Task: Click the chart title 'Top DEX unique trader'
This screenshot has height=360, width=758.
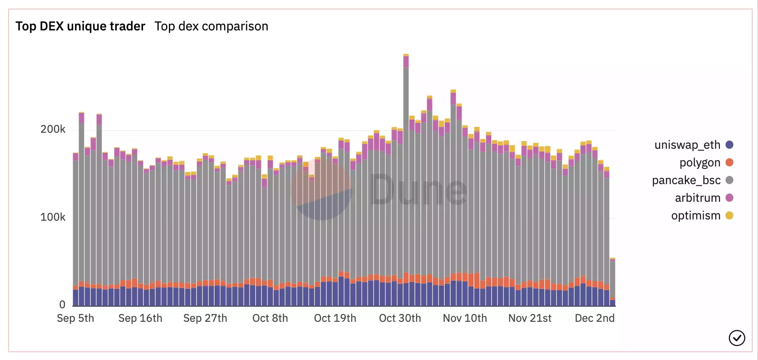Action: [x=80, y=26]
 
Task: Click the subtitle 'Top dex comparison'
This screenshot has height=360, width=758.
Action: [x=211, y=26]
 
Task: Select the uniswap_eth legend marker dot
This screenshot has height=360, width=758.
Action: [x=730, y=145]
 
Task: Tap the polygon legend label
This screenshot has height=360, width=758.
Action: [x=700, y=163]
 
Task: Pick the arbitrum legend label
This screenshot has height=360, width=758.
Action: [x=698, y=198]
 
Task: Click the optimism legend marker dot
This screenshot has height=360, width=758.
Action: [x=730, y=215]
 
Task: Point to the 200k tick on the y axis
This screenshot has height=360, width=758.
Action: [x=53, y=129]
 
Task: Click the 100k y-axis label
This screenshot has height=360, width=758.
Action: [x=53, y=217]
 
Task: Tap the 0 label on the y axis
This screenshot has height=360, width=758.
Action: [x=62, y=305]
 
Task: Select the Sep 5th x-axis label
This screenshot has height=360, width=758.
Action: [x=76, y=318]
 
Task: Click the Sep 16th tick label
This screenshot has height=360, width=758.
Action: [x=140, y=318]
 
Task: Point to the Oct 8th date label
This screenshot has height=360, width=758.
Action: [x=270, y=318]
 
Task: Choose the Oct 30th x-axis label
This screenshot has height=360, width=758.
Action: [x=400, y=318]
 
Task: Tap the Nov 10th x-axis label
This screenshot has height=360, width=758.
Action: [x=465, y=318]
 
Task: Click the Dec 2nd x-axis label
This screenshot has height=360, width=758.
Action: [x=594, y=318]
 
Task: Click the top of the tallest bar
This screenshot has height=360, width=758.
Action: [x=406, y=55]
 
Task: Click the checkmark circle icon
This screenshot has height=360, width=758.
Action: [x=737, y=338]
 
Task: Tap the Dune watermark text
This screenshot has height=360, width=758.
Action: [x=418, y=190]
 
